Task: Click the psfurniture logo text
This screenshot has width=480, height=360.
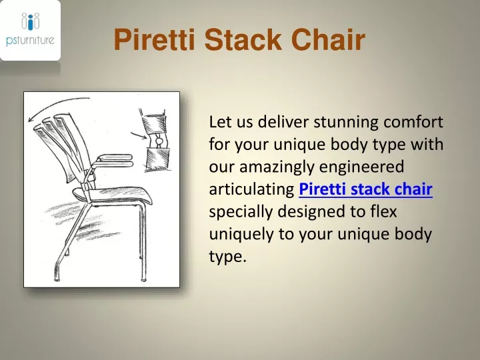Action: click(x=30, y=40)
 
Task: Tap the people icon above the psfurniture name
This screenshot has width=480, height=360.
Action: click(x=30, y=21)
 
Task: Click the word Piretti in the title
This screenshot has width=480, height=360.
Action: click(x=155, y=40)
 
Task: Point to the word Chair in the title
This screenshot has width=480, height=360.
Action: click(x=329, y=40)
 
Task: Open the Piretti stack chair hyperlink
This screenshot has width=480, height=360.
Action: click(x=366, y=190)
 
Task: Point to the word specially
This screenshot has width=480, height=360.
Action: click(x=238, y=212)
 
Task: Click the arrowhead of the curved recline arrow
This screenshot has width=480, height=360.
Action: click(x=31, y=120)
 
